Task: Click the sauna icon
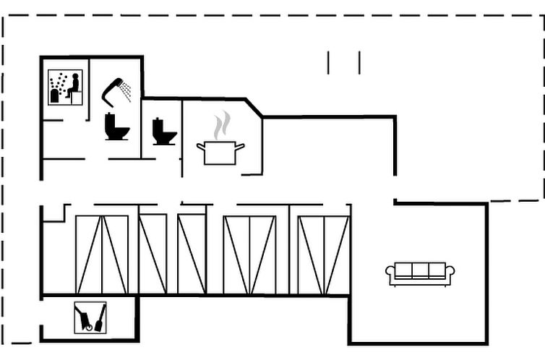click(65, 87)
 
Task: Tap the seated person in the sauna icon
click(72, 85)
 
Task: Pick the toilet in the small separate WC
click(164, 132)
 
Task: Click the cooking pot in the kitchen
click(220, 153)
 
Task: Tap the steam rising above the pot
click(223, 124)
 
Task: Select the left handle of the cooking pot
click(201, 147)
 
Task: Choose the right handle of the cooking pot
click(240, 147)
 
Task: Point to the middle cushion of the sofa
click(420, 270)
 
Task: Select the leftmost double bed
click(102, 254)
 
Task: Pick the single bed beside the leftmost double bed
click(153, 254)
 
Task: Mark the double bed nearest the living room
click(323, 254)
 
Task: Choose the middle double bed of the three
click(249, 254)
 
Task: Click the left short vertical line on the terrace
click(328, 62)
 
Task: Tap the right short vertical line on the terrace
click(359, 62)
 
